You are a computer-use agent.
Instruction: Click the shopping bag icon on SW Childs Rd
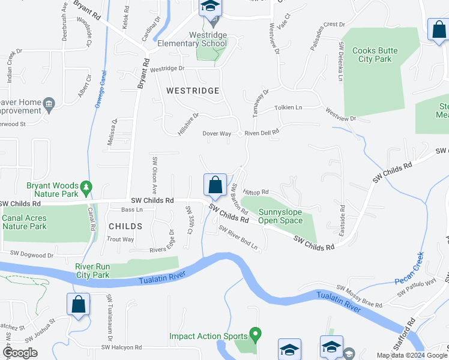coord(215,185)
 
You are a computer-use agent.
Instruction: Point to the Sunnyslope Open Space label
coord(281,216)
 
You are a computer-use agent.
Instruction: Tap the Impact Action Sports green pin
coord(255,332)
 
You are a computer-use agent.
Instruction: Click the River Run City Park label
coord(92,271)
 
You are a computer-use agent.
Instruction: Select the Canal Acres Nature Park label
coord(25,223)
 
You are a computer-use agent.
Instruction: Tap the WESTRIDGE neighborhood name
coord(184,91)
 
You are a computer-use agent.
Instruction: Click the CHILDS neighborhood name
coord(125,226)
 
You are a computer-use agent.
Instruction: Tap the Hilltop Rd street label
coord(256,192)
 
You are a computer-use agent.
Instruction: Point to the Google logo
coord(20,353)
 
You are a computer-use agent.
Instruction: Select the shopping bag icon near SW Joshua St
coord(79,304)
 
